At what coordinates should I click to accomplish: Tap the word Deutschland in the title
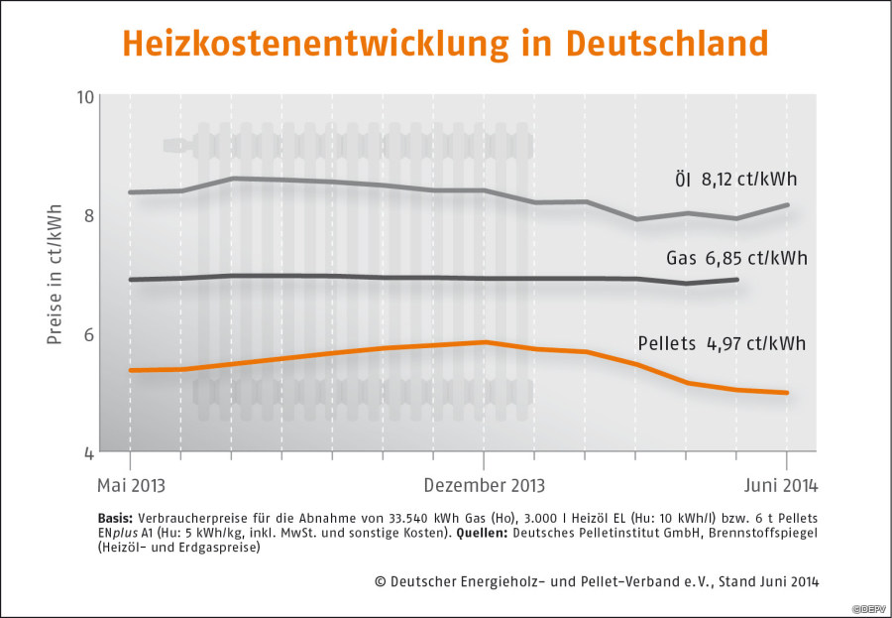click(666, 44)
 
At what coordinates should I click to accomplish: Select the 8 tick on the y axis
click(89, 215)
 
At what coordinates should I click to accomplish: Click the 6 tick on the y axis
click(89, 334)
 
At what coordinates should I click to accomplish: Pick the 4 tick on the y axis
click(89, 453)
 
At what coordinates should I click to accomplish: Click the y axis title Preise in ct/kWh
click(56, 275)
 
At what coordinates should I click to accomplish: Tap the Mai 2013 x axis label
click(130, 486)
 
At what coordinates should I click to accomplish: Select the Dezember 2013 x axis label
click(484, 486)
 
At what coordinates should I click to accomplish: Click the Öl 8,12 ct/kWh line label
click(730, 180)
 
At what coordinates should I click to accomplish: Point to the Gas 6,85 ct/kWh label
click(736, 259)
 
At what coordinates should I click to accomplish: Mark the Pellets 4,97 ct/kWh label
click(721, 344)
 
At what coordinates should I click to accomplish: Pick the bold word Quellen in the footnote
click(483, 533)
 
